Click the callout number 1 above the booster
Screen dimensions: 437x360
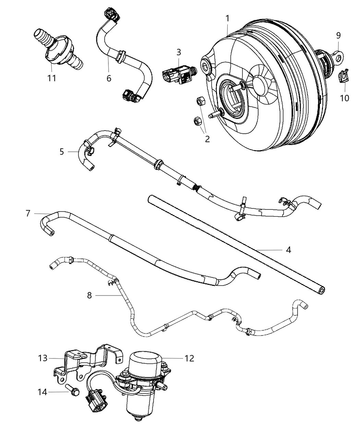click(227, 18)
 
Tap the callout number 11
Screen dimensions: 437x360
click(51, 78)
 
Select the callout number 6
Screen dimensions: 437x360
click(109, 78)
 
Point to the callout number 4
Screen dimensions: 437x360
click(288, 250)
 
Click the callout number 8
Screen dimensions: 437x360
click(89, 295)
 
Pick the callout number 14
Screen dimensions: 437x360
click(42, 392)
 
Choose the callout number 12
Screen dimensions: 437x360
click(189, 359)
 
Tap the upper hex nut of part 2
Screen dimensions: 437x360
click(200, 102)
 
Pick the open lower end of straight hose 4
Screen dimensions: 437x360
click(322, 290)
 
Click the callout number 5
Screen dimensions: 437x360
click(62, 151)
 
